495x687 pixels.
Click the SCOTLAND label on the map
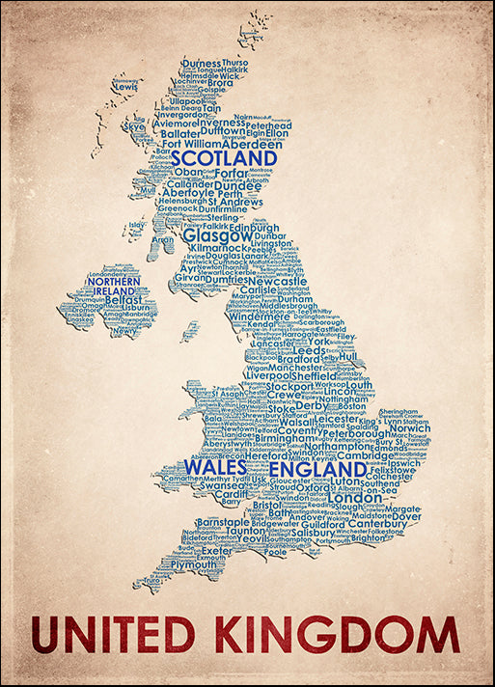pyautogui.click(x=224, y=158)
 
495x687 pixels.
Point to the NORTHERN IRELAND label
pyautogui.click(x=114, y=285)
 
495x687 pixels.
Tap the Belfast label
pyautogui.click(x=125, y=300)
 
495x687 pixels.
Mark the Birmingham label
pyautogui.click(x=259, y=439)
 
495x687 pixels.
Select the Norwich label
pyautogui.click(x=409, y=427)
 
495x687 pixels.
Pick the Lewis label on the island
pyautogui.click(x=125, y=87)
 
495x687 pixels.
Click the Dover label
pyautogui.click(x=406, y=517)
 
